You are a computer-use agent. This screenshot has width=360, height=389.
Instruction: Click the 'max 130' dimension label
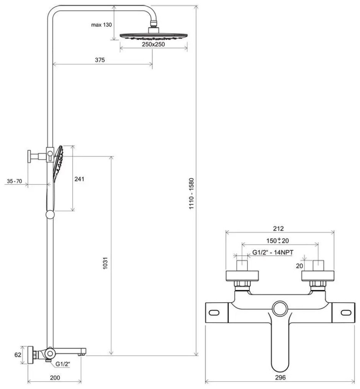pos(101,25)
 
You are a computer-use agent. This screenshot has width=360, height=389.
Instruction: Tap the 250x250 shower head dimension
pos(153,45)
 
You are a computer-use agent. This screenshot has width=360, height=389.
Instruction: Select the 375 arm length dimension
pos(100,60)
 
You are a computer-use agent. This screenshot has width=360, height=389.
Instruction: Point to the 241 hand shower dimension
pos(79,179)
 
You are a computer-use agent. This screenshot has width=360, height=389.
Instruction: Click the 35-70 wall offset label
pos(14,181)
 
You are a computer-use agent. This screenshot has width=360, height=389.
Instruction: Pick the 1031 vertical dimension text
pos(105,263)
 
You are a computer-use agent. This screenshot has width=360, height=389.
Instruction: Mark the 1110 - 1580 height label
pos(191,194)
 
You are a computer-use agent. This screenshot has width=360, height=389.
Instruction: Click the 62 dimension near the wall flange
pos(17,355)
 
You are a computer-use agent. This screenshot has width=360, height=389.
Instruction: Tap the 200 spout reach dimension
pos(55,378)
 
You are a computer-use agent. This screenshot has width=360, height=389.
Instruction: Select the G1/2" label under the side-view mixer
pos(63,364)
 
